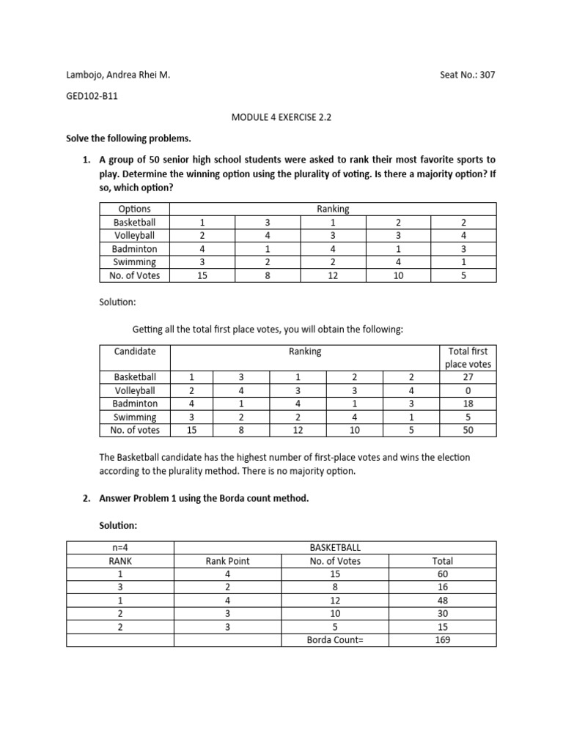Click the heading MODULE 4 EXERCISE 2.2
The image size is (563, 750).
(281, 116)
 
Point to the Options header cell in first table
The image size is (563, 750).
(134, 209)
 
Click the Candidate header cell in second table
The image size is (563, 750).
(135, 351)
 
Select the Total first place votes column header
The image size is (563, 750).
(468, 357)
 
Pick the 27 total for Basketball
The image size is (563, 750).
(468, 377)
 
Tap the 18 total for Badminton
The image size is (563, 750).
(468, 404)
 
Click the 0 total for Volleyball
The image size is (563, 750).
(468, 390)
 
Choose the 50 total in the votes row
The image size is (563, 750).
(468, 430)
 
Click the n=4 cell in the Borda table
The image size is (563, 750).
(119, 547)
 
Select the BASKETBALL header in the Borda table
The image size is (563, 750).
(335, 547)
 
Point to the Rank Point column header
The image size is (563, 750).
(227, 561)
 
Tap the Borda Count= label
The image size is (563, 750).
(335, 639)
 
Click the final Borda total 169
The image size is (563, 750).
(442, 639)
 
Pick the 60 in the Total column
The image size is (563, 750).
(442, 574)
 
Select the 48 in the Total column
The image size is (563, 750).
(442, 601)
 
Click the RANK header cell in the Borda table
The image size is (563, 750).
(119, 561)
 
